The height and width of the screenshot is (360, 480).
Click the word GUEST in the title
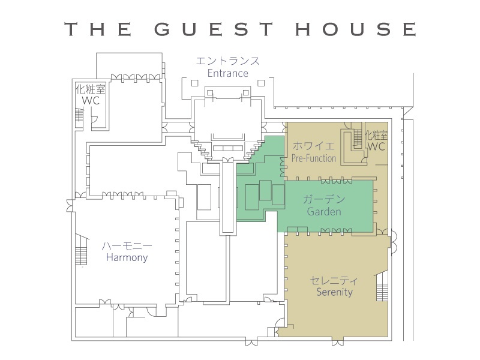tap(214, 29)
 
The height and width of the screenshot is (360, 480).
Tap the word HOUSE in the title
tap(356, 29)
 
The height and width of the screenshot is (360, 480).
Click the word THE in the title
tap(98, 29)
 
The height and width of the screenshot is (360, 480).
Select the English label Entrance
tap(228, 73)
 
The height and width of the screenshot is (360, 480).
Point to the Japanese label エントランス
tap(228, 61)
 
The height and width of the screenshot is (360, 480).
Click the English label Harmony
tap(127, 257)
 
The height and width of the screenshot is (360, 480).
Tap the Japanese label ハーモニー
tap(127, 246)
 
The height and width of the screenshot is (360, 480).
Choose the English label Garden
tap(324, 211)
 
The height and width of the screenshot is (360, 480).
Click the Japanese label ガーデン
tap(324, 199)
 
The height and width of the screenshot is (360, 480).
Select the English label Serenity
tap(334, 292)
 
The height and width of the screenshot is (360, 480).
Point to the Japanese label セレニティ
tap(334, 280)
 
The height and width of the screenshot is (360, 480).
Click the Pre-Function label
tap(314, 158)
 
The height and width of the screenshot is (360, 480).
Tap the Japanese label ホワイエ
tap(314, 146)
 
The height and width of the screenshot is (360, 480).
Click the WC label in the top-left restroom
tap(91, 100)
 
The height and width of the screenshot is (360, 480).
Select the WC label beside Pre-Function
tap(376, 146)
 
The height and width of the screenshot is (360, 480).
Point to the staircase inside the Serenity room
tap(382, 288)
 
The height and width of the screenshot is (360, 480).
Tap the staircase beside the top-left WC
tap(79, 115)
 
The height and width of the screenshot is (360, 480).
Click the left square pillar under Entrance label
tap(194, 83)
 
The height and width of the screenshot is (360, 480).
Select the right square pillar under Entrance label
tap(261, 83)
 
